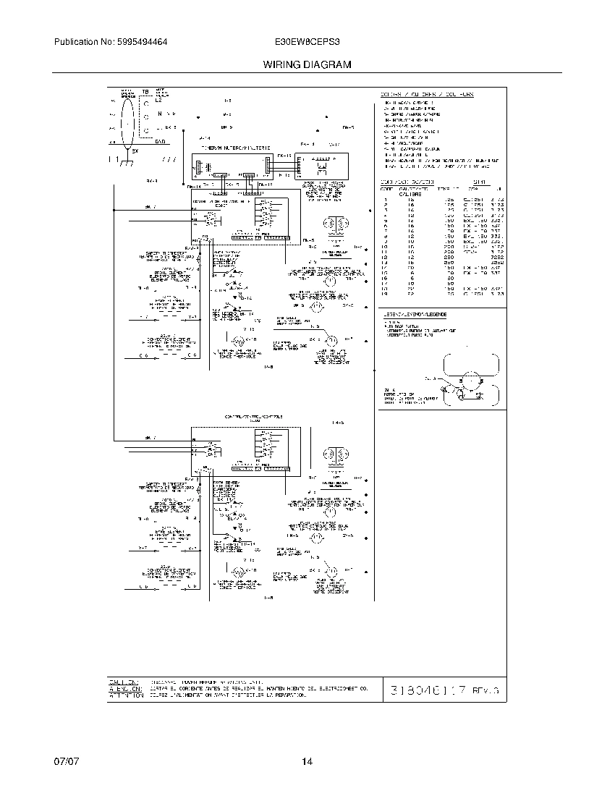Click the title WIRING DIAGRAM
[x=307, y=64]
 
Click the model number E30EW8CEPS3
[x=307, y=43]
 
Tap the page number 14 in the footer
[x=307, y=761]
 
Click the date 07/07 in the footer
[x=64, y=761]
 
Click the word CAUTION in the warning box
[x=123, y=682]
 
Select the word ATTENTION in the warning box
[x=123, y=695]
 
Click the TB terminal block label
[x=145, y=93]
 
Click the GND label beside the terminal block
[x=161, y=142]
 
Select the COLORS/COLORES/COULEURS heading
[x=427, y=95]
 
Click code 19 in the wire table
[x=386, y=295]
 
